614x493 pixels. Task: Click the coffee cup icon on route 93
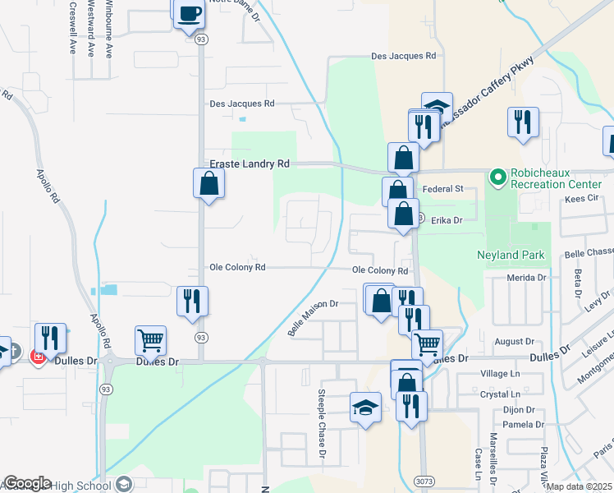coord(190,13)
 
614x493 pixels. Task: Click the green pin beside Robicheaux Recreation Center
coord(497,176)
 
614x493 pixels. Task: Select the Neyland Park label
coord(511,255)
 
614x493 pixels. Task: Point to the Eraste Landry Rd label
coord(250,164)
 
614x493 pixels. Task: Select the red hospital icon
coord(36,357)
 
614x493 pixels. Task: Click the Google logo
coord(27,483)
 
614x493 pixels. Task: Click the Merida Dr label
coord(527,279)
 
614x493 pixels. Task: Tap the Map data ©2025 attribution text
coord(579,486)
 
